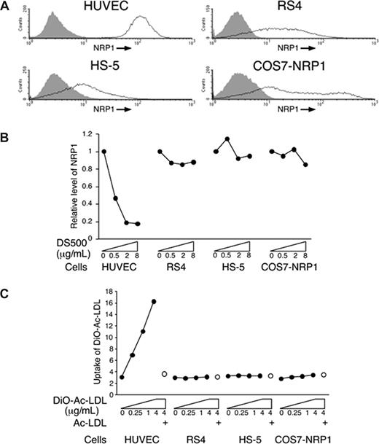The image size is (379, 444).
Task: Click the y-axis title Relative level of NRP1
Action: (69, 187)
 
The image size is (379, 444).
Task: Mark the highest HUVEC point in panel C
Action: (154, 301)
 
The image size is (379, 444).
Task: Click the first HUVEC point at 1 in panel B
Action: (104, 152)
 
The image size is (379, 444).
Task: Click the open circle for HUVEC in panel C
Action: (164, 373)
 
